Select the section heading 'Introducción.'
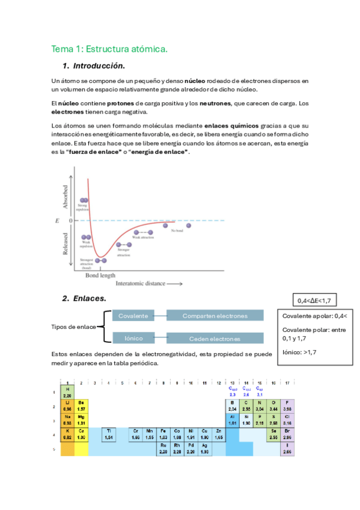click(x=99, y=66)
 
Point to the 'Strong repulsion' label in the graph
click(x=82, y=207)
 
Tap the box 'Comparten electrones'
click(x=215, y=315)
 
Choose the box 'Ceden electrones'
click(x=215, y=338)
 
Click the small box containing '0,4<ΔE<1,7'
click(x=314, y=300)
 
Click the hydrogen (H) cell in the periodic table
click(x=67, y=392)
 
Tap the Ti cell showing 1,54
click(x=109, y=434)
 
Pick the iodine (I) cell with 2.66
click(x=288, y=449)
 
